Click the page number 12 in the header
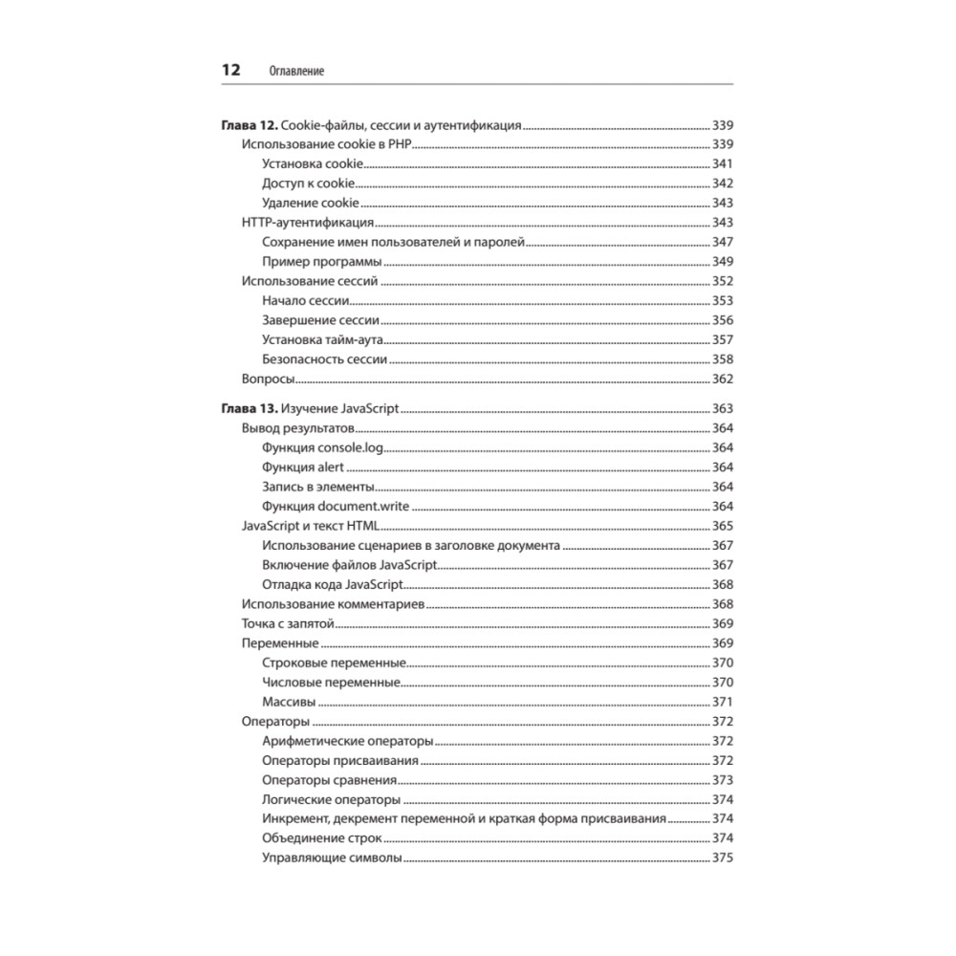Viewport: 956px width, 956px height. coord(229,70)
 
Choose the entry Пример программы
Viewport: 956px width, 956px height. coord(322,262)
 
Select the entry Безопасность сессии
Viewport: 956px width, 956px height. coord(324,359)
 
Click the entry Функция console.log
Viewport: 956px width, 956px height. coord(321,447)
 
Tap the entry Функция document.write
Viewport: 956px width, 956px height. coord(336,506)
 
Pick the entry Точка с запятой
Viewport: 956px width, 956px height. coord(288,623)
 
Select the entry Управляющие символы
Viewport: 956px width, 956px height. coord(331,858)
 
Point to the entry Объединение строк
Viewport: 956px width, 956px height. coord(315,838)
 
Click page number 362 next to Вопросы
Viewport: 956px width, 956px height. coord(722,380)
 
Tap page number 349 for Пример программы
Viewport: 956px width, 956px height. coord(722,262)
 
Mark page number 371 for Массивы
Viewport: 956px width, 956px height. coord(722,701)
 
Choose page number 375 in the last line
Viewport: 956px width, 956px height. coord(722,858)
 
